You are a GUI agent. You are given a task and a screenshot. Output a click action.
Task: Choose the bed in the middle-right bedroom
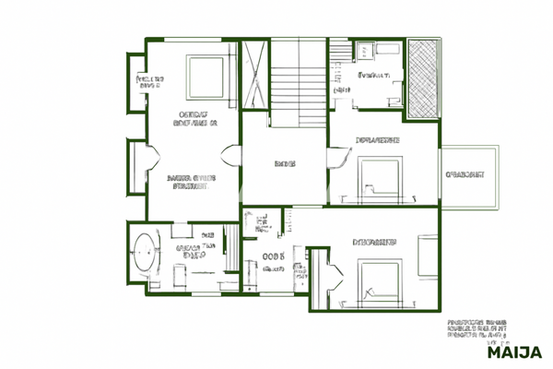click(380, 175)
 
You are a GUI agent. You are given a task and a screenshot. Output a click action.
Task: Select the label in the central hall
click(285, 163)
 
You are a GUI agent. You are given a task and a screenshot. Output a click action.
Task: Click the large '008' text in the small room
click(274, 257)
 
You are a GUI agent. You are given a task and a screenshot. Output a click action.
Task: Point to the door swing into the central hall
click(232, 158)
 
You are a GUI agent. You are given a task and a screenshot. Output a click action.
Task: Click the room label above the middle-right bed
click(377, 141)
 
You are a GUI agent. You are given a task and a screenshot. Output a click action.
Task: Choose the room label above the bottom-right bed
click(375, 243)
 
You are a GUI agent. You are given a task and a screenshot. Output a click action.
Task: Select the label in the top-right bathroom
click(372, 76)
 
